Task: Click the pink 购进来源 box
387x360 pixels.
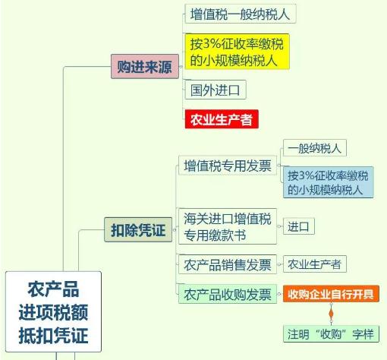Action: point(145,66)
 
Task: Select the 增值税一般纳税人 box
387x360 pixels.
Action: point(241,14)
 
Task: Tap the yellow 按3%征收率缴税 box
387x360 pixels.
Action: point(237,52)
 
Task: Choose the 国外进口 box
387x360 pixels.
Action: point(216,90)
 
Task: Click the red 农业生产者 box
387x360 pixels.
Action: point(222,119)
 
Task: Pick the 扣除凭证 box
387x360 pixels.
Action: point(138,229)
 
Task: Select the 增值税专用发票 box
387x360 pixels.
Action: point(228,166)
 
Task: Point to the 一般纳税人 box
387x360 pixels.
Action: point(315,148)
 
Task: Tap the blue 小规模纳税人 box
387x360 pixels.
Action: point(328,182)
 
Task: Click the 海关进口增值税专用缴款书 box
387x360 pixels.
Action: point(228,226)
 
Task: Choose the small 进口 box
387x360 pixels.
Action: point(299,226)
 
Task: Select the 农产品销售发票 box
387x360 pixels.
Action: point(228,264)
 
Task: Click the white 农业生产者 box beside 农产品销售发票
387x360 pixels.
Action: point(315,264)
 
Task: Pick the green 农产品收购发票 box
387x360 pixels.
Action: point(228,294)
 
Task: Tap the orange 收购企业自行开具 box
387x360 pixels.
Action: point(331,294)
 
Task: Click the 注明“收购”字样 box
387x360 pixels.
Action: point(331,334)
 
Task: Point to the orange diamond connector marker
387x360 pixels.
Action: point(331,314)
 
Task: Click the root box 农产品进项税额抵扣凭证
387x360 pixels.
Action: point(53,311)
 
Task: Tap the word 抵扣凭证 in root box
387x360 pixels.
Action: point(53,335)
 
